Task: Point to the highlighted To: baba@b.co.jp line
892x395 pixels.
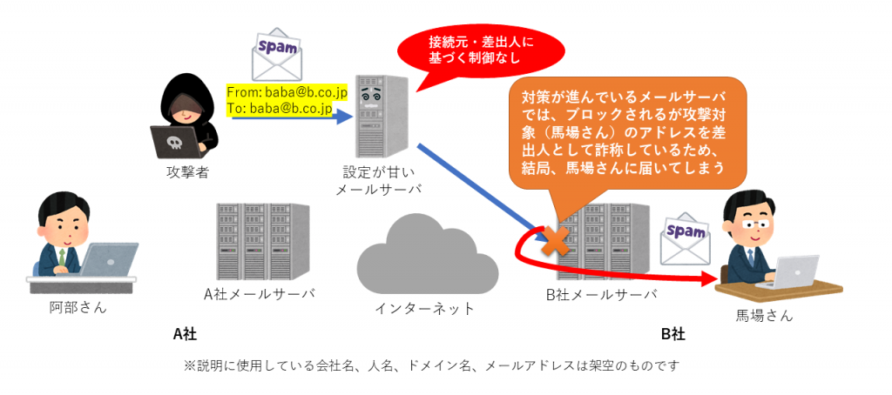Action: click(278, 108)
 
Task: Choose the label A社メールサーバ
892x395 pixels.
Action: click(259, 293)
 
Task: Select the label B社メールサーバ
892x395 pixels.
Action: click(601, 294)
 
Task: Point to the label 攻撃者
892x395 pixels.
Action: click(187, 171)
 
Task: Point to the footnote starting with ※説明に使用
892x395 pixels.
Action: click(431, 366)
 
